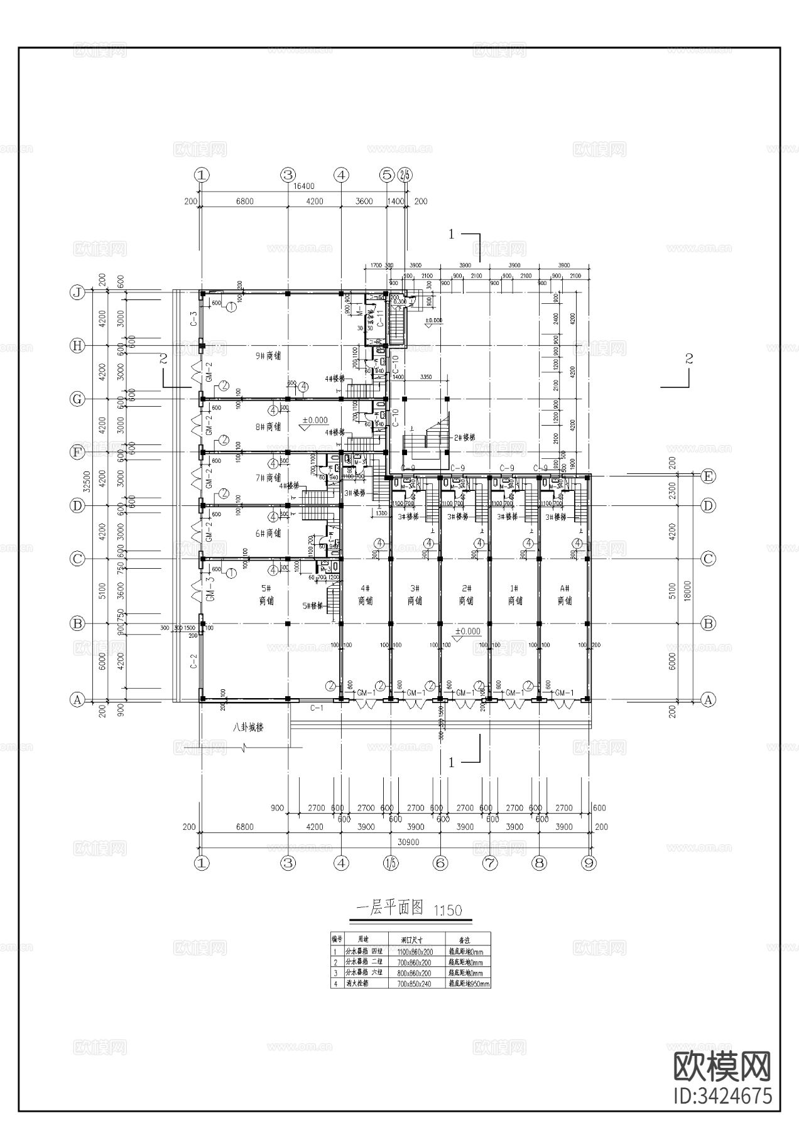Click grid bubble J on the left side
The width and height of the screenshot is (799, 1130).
(77, 293)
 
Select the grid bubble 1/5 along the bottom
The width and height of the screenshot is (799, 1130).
(390, 863)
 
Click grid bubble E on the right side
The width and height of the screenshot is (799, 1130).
(708, 476)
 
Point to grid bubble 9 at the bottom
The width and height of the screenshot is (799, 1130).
(589, 863)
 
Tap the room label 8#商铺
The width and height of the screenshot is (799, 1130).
(269, 427)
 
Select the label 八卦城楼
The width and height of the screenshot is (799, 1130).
(247, 728)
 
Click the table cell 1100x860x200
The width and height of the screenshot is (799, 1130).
(415, 952)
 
